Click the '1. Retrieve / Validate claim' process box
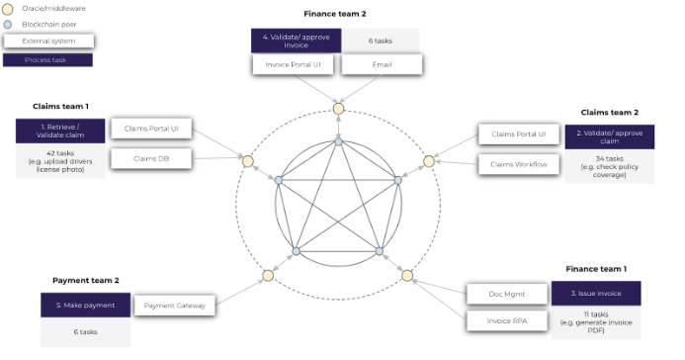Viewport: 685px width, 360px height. pyautogui.click(x=60, y=131)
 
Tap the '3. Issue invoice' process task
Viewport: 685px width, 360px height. pyautogui.click(x=603, y=293)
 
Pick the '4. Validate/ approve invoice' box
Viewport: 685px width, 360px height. pyautogui.click(x=296, y=41)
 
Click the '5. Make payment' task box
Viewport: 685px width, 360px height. pyautogui.click(x=85, y=306)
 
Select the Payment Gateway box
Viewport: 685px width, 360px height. pyautogui.click(x=174, y=306)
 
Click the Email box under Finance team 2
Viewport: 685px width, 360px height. pyautogui.click(x=382, y=64)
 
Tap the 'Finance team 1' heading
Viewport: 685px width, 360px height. pyautogui.click(x=595, y=268)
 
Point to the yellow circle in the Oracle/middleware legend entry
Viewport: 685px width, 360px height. pyautogui.click(x=10, y=10)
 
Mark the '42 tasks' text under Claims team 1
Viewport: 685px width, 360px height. pyautogui.click(x=60, y=154)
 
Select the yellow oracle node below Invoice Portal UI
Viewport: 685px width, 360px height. pyautogui.click(x=338, y=108)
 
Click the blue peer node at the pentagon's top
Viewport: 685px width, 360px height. pyautogui.click(x=338, y=141)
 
